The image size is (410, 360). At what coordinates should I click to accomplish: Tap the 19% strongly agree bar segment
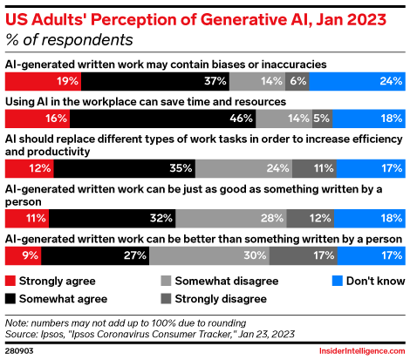click(x=44, y=80)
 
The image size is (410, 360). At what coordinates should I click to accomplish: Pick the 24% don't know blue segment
click(x=358, y=80)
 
